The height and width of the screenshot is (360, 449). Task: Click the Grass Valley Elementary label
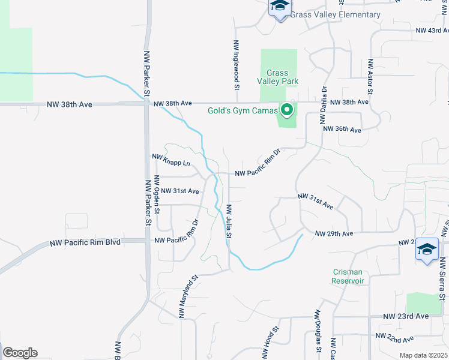(x=335, y=14)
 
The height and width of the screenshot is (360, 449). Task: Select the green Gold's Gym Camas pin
(x=287, y=110)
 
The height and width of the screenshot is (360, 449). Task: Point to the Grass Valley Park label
(x=278, y=76)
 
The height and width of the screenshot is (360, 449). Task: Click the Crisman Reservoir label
(x=349, y=276)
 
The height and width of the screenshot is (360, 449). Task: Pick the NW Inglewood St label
(x=237, y=65)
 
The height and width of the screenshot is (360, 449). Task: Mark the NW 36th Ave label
(x=342, y=130)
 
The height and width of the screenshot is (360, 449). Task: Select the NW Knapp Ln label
(x=171, y=160)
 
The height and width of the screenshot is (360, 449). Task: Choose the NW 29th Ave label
(x=334, y=233)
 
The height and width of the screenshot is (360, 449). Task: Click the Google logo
(x=20, y=353)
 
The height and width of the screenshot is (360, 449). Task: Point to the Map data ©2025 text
(x=423, y=355)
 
